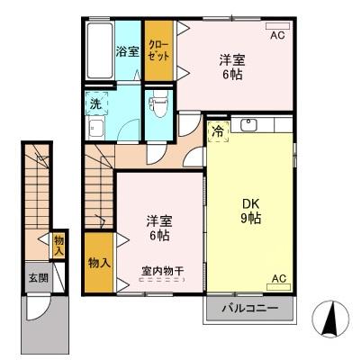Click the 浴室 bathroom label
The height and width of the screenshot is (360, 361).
(127, 52)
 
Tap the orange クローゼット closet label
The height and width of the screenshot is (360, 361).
(158, 49)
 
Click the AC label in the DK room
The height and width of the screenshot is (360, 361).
(278, 279)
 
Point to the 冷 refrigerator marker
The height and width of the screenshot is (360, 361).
(217, 130)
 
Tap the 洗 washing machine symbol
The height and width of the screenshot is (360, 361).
(95, 103)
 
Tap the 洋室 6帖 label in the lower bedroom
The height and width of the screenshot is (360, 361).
(158, 228)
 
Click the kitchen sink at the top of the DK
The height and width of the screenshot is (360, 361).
(248, 126)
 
